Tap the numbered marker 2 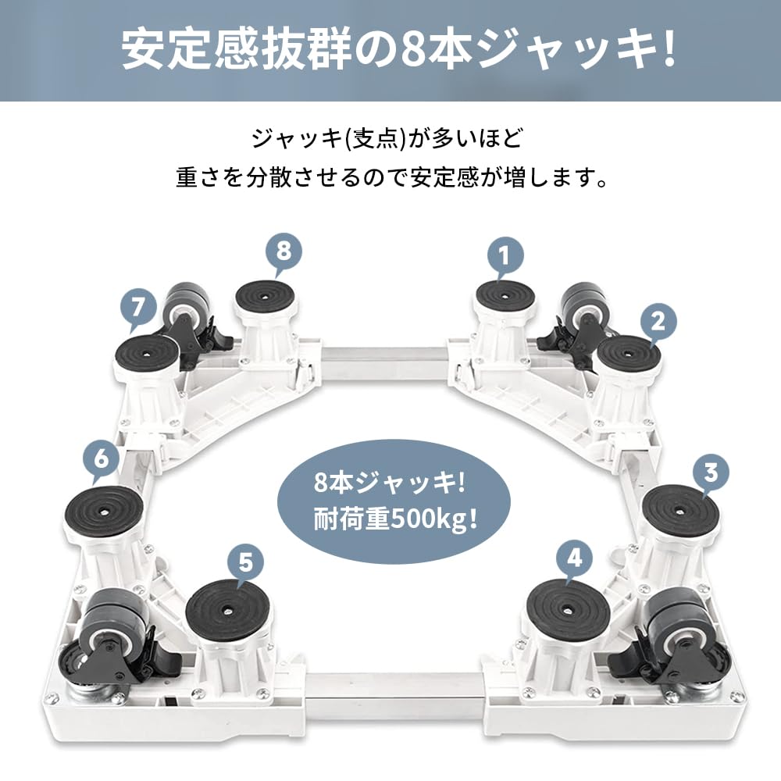[x=658, y=321]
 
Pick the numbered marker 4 [x=575, y=559]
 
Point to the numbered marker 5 [x=246, y=561]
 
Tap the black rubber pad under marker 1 [x=505, y=296]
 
